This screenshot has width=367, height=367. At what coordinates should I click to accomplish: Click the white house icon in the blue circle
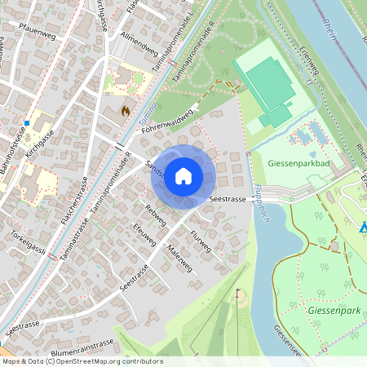click(183, 175)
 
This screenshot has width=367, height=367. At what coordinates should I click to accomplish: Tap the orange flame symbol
click(125, 108)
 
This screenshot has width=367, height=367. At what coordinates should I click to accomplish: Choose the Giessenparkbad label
click(298, 162)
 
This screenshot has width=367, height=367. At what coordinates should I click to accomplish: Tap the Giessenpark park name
click(329, 311)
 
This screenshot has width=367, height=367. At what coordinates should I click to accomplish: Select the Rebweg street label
click(154, 216)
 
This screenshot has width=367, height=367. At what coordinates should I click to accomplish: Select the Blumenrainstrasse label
click(81, 344)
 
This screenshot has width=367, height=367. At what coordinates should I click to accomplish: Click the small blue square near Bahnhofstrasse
click(27, 123)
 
